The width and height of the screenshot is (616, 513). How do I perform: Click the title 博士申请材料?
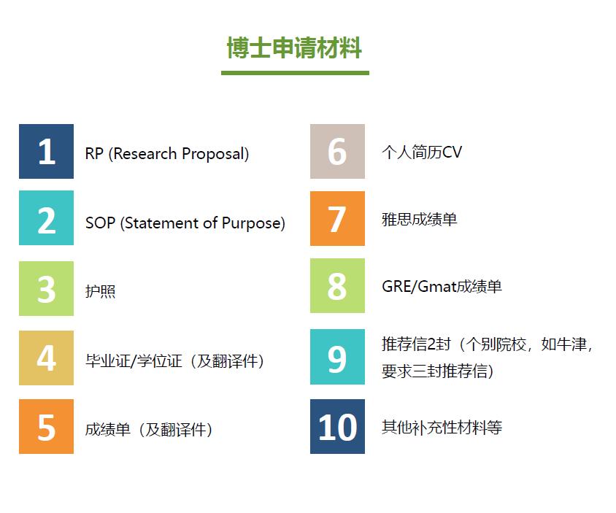294,48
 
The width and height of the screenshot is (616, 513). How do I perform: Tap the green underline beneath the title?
295,73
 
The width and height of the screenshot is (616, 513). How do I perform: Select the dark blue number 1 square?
47,151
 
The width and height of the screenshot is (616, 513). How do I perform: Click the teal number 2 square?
47,218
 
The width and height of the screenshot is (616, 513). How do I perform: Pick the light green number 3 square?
47,288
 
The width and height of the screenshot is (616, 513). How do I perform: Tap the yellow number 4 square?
47,358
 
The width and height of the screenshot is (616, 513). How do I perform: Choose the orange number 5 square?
47,427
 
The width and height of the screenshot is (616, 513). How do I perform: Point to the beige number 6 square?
337,151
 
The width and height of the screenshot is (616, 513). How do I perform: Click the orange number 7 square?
337,218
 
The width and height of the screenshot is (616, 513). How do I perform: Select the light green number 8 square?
337,285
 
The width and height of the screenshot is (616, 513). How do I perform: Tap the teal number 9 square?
337,357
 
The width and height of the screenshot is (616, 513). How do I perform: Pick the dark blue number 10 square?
337,427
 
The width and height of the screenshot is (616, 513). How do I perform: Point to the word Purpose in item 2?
253,223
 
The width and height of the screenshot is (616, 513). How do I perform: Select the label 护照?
101,291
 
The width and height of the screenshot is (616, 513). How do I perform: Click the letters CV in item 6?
452,152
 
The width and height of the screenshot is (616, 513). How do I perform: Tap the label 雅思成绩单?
420,219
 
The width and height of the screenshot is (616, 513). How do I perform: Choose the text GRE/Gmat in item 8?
420,286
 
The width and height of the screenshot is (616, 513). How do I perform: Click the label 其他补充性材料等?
442,427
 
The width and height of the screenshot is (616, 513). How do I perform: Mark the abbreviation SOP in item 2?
100,223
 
